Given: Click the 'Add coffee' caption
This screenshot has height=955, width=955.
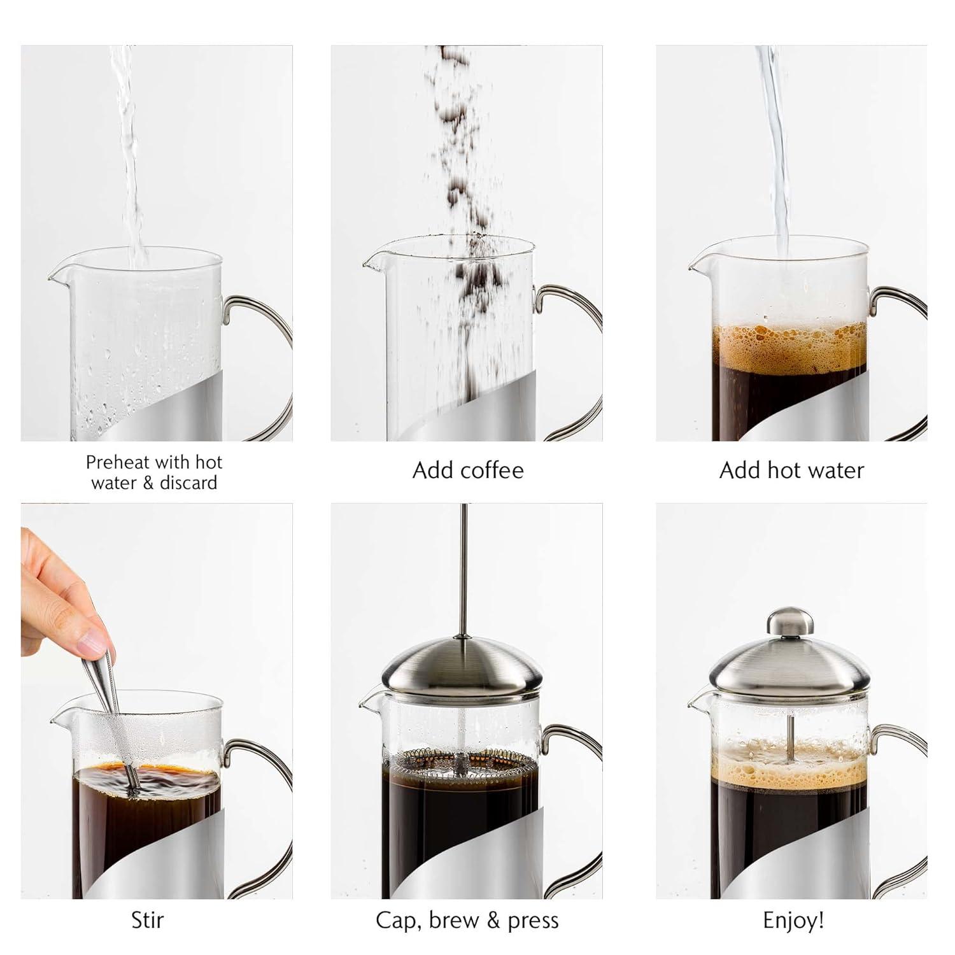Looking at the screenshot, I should point(468,470).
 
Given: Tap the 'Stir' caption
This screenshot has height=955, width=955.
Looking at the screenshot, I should point(146,920).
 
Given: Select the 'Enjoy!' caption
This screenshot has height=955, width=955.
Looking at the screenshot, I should point(793,920).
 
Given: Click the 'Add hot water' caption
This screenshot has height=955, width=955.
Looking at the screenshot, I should point(791,470).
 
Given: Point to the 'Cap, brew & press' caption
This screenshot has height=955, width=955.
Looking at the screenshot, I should point(467,920).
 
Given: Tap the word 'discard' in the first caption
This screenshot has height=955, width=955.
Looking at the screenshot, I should point(188,483).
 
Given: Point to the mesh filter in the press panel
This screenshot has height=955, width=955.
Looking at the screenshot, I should point(463,761).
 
